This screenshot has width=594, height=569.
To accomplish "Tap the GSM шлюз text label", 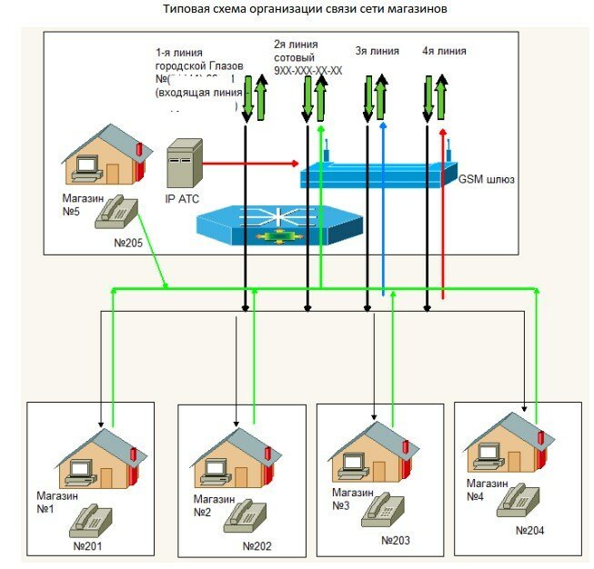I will coord(487,180).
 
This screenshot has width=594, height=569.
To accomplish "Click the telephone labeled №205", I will coord(118,211).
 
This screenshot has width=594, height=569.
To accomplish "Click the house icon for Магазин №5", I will coord(102,155).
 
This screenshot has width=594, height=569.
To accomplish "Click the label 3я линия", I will coord(376,51).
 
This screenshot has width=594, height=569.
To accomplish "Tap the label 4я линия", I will coord(444,51).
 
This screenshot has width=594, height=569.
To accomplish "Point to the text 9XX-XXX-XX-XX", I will coord(307,70).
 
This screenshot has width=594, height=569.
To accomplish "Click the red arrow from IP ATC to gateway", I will coord(249,164).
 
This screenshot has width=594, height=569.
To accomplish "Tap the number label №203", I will coord(396,540).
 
